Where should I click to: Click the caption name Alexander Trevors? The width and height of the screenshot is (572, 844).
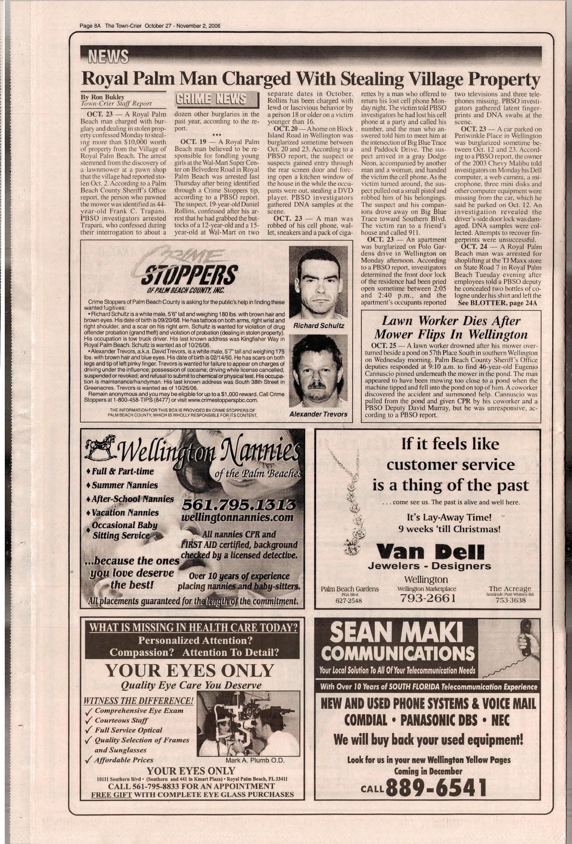(318, 414)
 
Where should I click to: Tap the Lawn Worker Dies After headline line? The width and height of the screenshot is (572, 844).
(450, 321)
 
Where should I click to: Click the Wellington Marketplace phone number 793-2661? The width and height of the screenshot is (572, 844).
(427, 598)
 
